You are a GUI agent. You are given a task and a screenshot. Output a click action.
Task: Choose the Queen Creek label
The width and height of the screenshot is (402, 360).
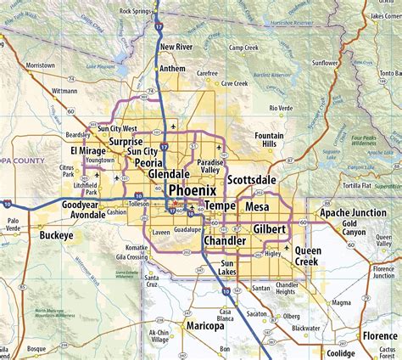tap(308, 256)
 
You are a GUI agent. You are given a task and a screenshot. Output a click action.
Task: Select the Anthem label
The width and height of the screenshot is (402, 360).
tap(172, 69)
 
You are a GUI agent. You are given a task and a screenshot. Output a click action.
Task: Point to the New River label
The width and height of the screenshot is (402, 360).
tap(179, 47)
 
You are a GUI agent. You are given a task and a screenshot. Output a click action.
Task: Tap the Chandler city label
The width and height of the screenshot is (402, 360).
tap(224, 241)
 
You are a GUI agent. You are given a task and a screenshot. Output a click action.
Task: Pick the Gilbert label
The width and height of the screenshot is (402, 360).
tap(269, 228)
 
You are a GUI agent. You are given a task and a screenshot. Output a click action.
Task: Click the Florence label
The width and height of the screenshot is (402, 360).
tap(378, 336)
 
